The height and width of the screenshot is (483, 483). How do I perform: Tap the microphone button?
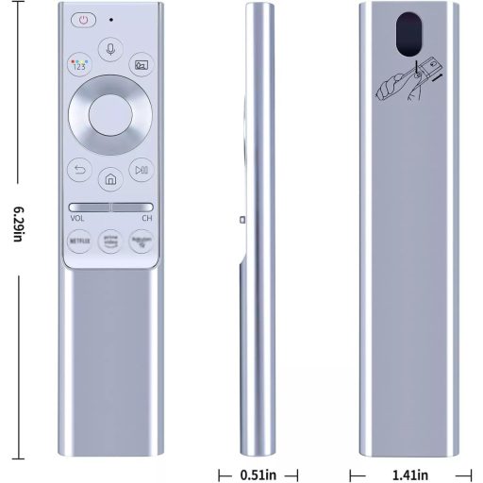[x=111, y=48]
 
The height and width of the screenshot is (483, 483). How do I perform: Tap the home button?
[x=110, y=178]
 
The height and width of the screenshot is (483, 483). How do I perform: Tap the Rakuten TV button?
[x=141, y=242]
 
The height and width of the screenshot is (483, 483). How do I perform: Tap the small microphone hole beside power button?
[x=111, y=18]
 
